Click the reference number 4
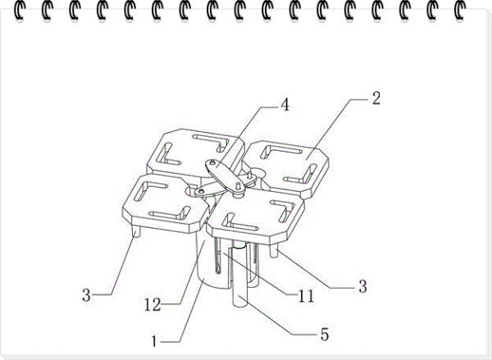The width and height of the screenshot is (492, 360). tap(285, 105)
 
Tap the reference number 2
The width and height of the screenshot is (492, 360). tap(376, 98)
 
